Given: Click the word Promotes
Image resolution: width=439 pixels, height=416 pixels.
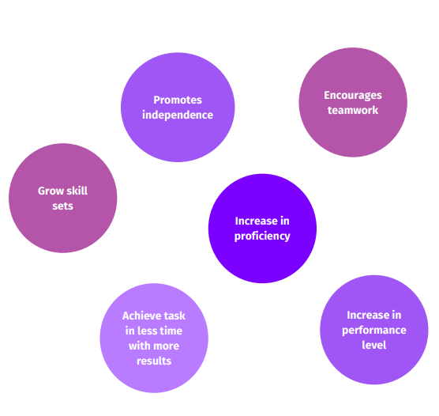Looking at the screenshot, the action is pyautogui.click(x=178, y=100).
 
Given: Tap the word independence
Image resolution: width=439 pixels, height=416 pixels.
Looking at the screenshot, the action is pyautogui.click(x=178, y=115).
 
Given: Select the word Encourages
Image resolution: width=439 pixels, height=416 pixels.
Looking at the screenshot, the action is pyautogui.click(x=353, y=96).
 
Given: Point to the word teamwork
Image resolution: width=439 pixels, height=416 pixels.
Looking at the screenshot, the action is pyautogui.click(x=353, y=110).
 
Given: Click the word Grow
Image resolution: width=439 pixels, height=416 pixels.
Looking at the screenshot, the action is pyautogui.click(x=50, y=191).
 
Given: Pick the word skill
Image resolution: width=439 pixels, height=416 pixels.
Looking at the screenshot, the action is pyautogui.click(x=77, y=191).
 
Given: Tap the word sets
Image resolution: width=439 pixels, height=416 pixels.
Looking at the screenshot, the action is pyautogui.click(x=62, y=206).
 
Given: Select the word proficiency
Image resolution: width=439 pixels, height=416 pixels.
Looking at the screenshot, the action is pyautogui.click(x=262, y=236).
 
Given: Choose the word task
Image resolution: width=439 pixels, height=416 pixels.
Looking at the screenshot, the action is pyautogui.click(x=174, y=316).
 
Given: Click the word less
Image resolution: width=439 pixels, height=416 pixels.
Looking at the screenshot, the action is pyautogui.click(x=148, y=331).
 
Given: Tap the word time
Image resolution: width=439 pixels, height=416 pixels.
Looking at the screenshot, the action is pyautogui.click(x=171, y=331).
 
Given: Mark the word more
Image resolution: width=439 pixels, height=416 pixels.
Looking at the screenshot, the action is pyautogui.click(x=167, y=346).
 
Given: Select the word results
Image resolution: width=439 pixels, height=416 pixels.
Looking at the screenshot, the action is pyautogui.click(x=154, y=361).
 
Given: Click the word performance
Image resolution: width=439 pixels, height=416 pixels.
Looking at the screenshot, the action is pyautogui.click(x=374, y=331).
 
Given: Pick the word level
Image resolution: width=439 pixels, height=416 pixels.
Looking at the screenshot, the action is pyautogui.click(x=374, y=345).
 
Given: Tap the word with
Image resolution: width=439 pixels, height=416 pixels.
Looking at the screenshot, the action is pyautogui.click(x=140, y=346).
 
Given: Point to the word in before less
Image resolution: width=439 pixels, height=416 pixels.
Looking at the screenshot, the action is pyautogui.click(x=130, y=331).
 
